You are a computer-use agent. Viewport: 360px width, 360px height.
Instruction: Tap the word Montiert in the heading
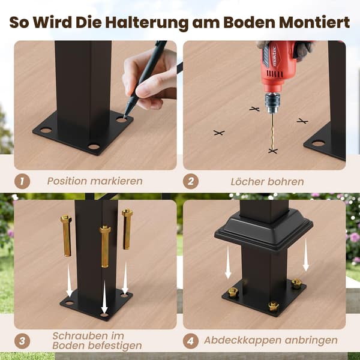pyautogui.click(x=314, y=22)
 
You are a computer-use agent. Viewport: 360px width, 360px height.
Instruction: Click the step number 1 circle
pyautogui.click(x=22, y=181)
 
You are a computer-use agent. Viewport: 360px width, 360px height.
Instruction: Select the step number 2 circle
pyautogui.click(x=191, y=181)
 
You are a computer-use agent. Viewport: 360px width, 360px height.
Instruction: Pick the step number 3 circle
pyautogui.click(x=22, y=341)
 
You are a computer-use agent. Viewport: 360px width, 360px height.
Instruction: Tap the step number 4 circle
pyautogui.click(x=191, y=341)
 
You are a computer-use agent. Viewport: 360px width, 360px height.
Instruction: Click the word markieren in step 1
pyautogui.click(x=116, y=181)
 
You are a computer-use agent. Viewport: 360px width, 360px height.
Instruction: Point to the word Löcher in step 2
pyautogui.click(x=247, y=182)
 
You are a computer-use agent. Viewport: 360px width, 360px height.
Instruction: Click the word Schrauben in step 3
pyautogui.click(x=88, y=336)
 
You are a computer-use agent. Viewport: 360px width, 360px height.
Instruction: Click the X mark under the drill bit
pyautogui.click(x=273, y=151)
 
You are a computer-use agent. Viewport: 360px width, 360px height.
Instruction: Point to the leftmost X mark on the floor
pyautogui.click(x=219, y=133)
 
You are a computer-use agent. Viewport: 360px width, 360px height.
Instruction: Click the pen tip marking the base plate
pyautogui.click(x=125, y=116)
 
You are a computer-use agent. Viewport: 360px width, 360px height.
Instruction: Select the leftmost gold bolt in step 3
pyautogui.click(x=67, y=236)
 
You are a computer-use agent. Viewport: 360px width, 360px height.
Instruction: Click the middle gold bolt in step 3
pyautogui.click(x=105, y=247)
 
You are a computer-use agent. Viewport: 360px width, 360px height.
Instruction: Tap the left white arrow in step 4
pyautogui.click(x=228, y=262)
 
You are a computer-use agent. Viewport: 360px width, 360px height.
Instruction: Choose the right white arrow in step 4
pyautogui.click(x=306, y=254)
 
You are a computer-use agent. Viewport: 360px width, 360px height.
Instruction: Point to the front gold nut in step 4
pyautogui.click(x=274, y=306)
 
